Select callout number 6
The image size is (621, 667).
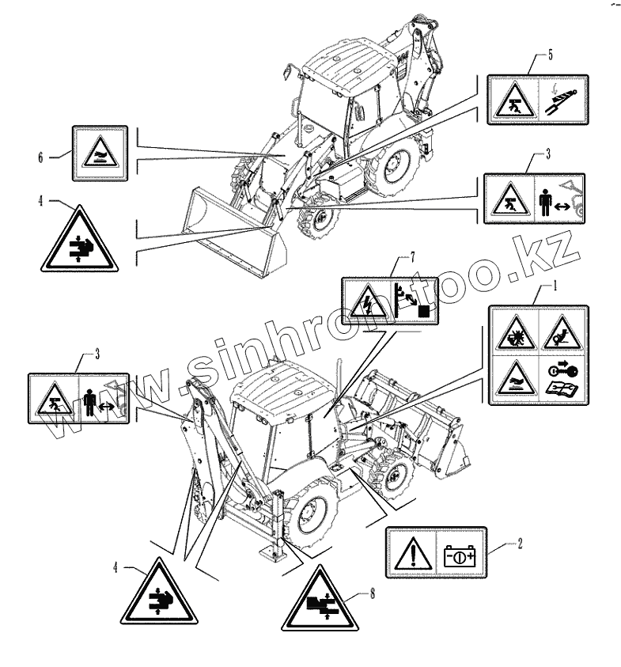click(40, 156)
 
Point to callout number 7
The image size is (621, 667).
click(411, 257)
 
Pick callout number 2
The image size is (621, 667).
click(520, 544)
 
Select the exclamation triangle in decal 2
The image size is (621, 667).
click(411, 551)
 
